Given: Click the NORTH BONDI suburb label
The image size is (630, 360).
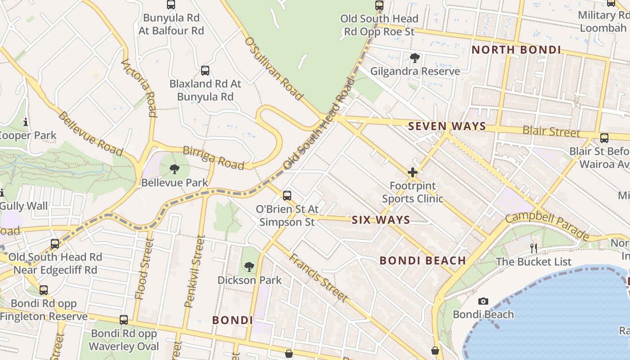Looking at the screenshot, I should click(516, 50).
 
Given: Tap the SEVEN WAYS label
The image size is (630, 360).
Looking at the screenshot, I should click(447, 126).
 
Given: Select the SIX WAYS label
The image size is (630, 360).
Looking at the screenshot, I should click(381, 220).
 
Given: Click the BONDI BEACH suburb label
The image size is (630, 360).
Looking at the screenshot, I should click(423, 261).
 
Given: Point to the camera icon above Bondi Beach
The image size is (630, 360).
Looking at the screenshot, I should click(483, 301).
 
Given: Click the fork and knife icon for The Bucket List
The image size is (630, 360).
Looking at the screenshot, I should click(534, 248).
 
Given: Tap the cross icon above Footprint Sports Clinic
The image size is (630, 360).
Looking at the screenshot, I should click(413, 172).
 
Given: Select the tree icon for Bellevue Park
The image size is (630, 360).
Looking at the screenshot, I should click(175, 169).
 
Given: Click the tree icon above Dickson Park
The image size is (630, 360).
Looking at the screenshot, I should click(249, 267).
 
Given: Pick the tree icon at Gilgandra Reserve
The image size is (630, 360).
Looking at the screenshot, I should click(415, 58).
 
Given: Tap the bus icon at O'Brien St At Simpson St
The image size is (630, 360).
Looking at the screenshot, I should click(287, 196).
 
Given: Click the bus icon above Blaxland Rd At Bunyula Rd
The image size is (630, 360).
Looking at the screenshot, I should click(205, 71).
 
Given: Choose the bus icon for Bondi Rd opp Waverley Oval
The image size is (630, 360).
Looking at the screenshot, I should click(124, 320).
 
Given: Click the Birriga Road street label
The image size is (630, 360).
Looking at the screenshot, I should click(214, 157).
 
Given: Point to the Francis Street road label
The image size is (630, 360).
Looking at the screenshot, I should click(318, 277).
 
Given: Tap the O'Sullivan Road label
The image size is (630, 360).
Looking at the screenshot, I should click(273, 69).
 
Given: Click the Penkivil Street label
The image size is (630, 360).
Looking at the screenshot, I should click(194, 278).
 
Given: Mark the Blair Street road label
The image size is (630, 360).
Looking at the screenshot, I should click(551, 132).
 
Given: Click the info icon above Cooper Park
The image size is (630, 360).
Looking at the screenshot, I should click(26, 122).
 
